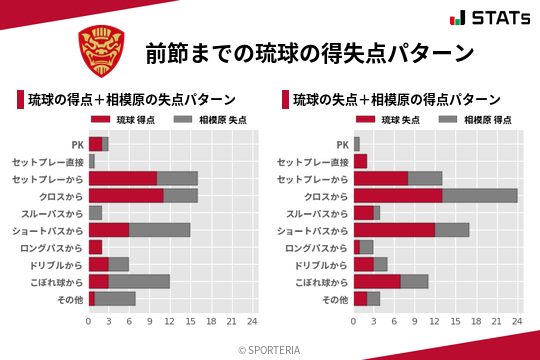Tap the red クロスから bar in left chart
(126, 196)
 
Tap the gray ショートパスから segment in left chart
(159, 230)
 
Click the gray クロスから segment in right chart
(479, 196)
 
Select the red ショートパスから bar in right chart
(394, 230)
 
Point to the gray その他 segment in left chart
(115, 299)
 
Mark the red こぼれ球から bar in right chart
(377, 282)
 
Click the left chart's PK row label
(77, 144)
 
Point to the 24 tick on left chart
(252, 321)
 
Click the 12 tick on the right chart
(435, 321)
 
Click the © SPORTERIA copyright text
(270, 349)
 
